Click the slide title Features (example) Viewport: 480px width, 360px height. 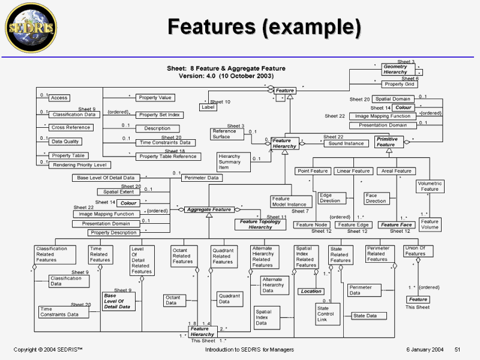[x=264, y=27]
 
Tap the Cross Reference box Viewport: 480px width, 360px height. [x=71, y=127]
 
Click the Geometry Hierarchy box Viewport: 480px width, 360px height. [x=395, y=69]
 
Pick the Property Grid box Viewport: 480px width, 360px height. [x=398, y=84]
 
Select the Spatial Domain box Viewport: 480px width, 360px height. [x=393, y=99]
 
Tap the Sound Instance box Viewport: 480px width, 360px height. [x=346, y=143]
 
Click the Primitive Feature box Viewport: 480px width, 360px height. [x=386, y=142]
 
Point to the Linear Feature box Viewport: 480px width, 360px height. [x=353, y=171]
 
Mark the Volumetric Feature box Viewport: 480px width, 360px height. [x=430, y=187]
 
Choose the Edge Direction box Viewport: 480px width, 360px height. [x=330, y=198]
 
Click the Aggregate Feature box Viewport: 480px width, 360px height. [x=209, y=209]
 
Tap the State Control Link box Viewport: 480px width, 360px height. [x=326, y=313]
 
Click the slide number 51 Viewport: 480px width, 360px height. [x=457, y=349]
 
